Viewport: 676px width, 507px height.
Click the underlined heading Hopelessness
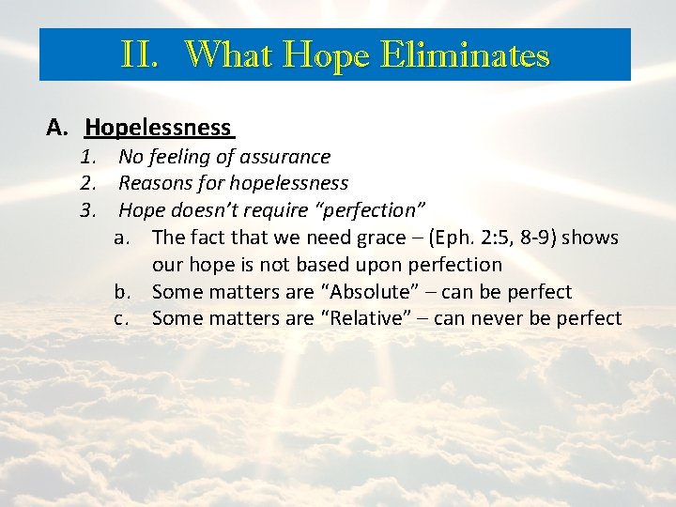tap(158, 127)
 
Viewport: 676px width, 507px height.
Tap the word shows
tap(591, 238)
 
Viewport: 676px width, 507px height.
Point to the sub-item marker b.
tap(122, 291)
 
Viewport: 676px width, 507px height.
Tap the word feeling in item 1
tap(180, 157)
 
